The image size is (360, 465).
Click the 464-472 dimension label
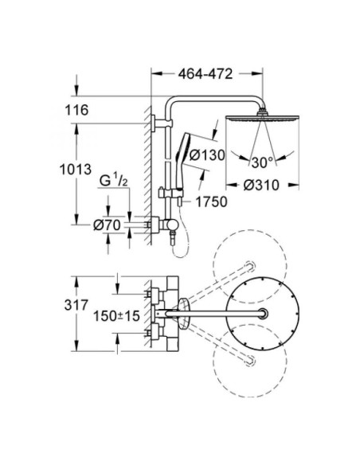click(x=205, y=74)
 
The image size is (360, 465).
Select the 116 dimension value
click(x=76, y=110)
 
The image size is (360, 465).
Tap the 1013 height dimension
click(x=76, y=170)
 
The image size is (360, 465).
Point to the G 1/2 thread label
click(x=114, y=182)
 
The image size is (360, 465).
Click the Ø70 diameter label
click(x=107, y=225)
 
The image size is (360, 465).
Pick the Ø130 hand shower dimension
click(x=207, y=154)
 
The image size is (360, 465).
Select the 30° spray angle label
click(x=263, y=162)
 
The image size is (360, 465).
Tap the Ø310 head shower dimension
click(x=261, y=186)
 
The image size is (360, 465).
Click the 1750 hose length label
click(x=211, y=202)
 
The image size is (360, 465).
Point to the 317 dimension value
click(x=76, y=305)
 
